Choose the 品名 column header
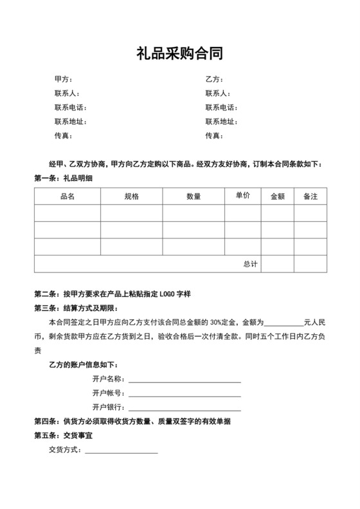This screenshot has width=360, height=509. pyautogui.click(x=67, y=197)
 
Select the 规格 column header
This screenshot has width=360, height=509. pyautogui.click(x=131, y=197)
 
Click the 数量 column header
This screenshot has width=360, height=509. pyautogui.click(x=194, y=197)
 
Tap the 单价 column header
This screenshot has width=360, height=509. pyautogui.click(x=243, y=195)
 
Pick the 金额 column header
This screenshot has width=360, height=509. pyautogui.click(x=278, y=197)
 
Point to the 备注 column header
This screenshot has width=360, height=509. pyautogui.click(x=310, y=197)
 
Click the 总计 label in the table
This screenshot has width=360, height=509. pyautogui.click(x=250, y=264)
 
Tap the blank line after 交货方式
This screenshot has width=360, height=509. pyautogui.click(x=122, y=452)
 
